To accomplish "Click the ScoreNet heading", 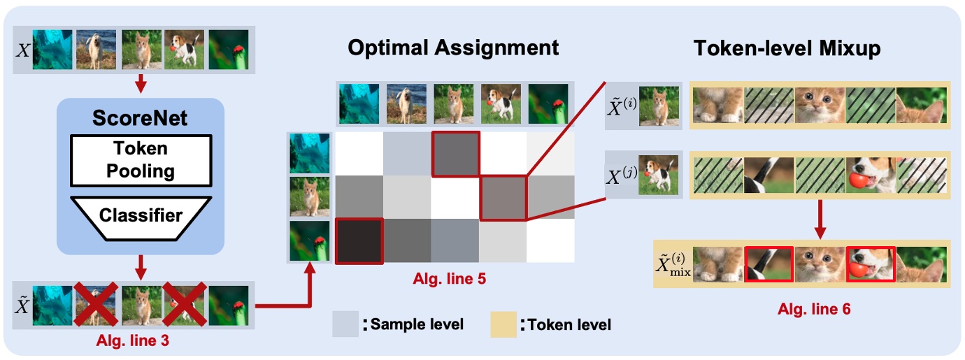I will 140,118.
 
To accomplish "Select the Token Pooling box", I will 140,159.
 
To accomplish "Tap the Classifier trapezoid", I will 140,215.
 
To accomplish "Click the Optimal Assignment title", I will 453,48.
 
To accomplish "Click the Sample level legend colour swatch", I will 344,324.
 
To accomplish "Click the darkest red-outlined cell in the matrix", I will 359,241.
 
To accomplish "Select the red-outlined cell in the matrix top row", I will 455,154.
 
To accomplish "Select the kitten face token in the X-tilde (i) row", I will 820,106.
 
